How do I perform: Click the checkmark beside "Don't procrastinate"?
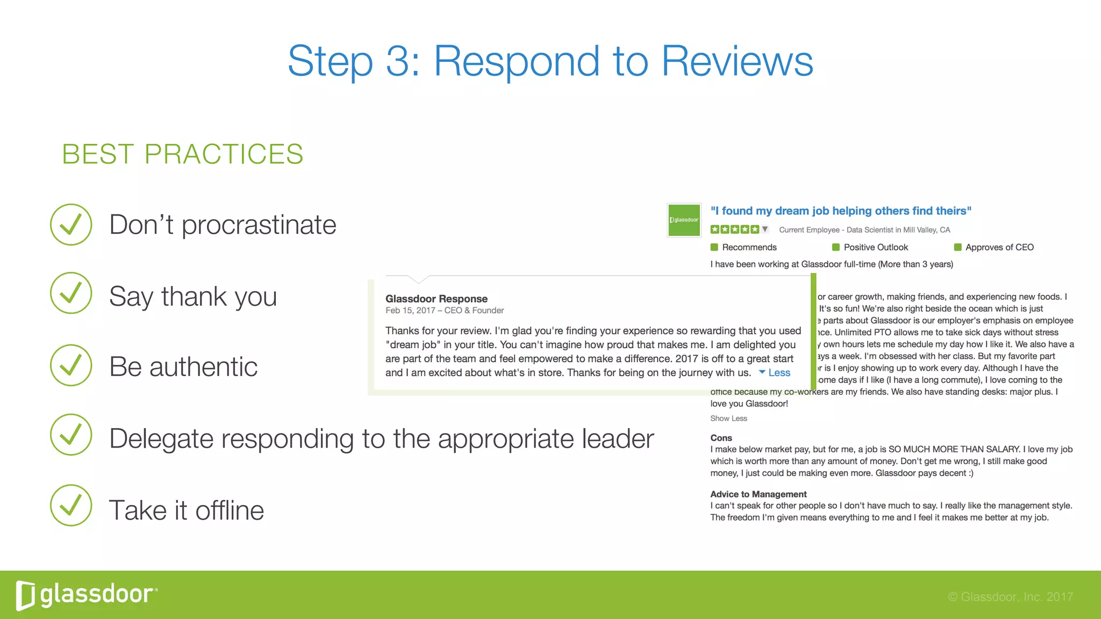coord(71,225)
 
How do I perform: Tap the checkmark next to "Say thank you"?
coord(71,293)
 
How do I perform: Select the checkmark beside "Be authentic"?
coord(71,365)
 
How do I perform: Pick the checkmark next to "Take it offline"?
coord(71,506)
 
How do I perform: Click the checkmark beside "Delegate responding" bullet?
coord(71,435)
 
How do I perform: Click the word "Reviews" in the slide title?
coord(737,61)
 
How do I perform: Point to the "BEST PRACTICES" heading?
coord(183,154)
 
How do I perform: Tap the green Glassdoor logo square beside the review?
coord(684,220)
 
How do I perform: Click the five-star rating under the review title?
coord(735,229)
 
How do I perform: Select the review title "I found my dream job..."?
coord(841,211)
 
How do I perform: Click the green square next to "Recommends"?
coord(714,247)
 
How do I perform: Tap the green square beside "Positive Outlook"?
coord(836,247)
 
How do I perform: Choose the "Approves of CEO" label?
coord(999,247)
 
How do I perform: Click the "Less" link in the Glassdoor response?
coord(779,373)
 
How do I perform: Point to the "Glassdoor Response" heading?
coord(437,299)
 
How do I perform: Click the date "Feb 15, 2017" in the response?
coord(410,311)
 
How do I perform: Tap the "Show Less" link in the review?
coord(728,419)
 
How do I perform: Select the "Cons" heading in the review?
coord(721,438)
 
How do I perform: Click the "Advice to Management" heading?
coord(758,494)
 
